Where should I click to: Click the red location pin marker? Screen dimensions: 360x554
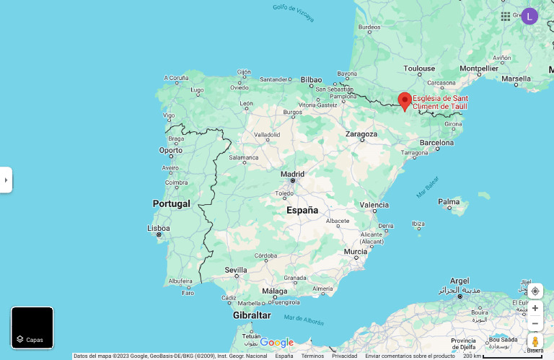[x=405, y=100]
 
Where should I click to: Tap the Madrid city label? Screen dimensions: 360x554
[x=292, y=174]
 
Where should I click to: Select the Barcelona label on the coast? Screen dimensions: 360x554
[x=436, y=143]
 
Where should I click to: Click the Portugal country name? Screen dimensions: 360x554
[x=171, y=204]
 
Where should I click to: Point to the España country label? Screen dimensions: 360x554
[x=302, y=211]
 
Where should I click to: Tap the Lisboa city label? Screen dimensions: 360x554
[x=159, y=228]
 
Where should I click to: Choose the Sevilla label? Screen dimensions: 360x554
[x=236, y=271]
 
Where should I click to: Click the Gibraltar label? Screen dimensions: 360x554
[x=252, y=315]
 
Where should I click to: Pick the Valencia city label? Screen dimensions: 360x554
[x=374, y=205]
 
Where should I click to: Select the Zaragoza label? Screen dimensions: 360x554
[x=361, y=134]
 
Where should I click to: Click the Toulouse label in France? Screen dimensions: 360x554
[x=419, y=69]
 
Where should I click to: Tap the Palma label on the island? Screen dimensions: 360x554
[x=449, y=202]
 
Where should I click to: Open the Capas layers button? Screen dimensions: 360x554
[x=32, y=328]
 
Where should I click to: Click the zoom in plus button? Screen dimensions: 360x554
[x=535, y=308]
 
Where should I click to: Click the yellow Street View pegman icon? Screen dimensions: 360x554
[x=535, y=341]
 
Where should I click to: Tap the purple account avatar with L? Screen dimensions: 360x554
[x=529, y=16]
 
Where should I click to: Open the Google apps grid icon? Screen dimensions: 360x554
[x=506, y=16]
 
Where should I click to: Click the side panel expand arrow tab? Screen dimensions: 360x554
[x=6, y=180]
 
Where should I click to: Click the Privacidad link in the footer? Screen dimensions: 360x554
[x=344, y=356]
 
